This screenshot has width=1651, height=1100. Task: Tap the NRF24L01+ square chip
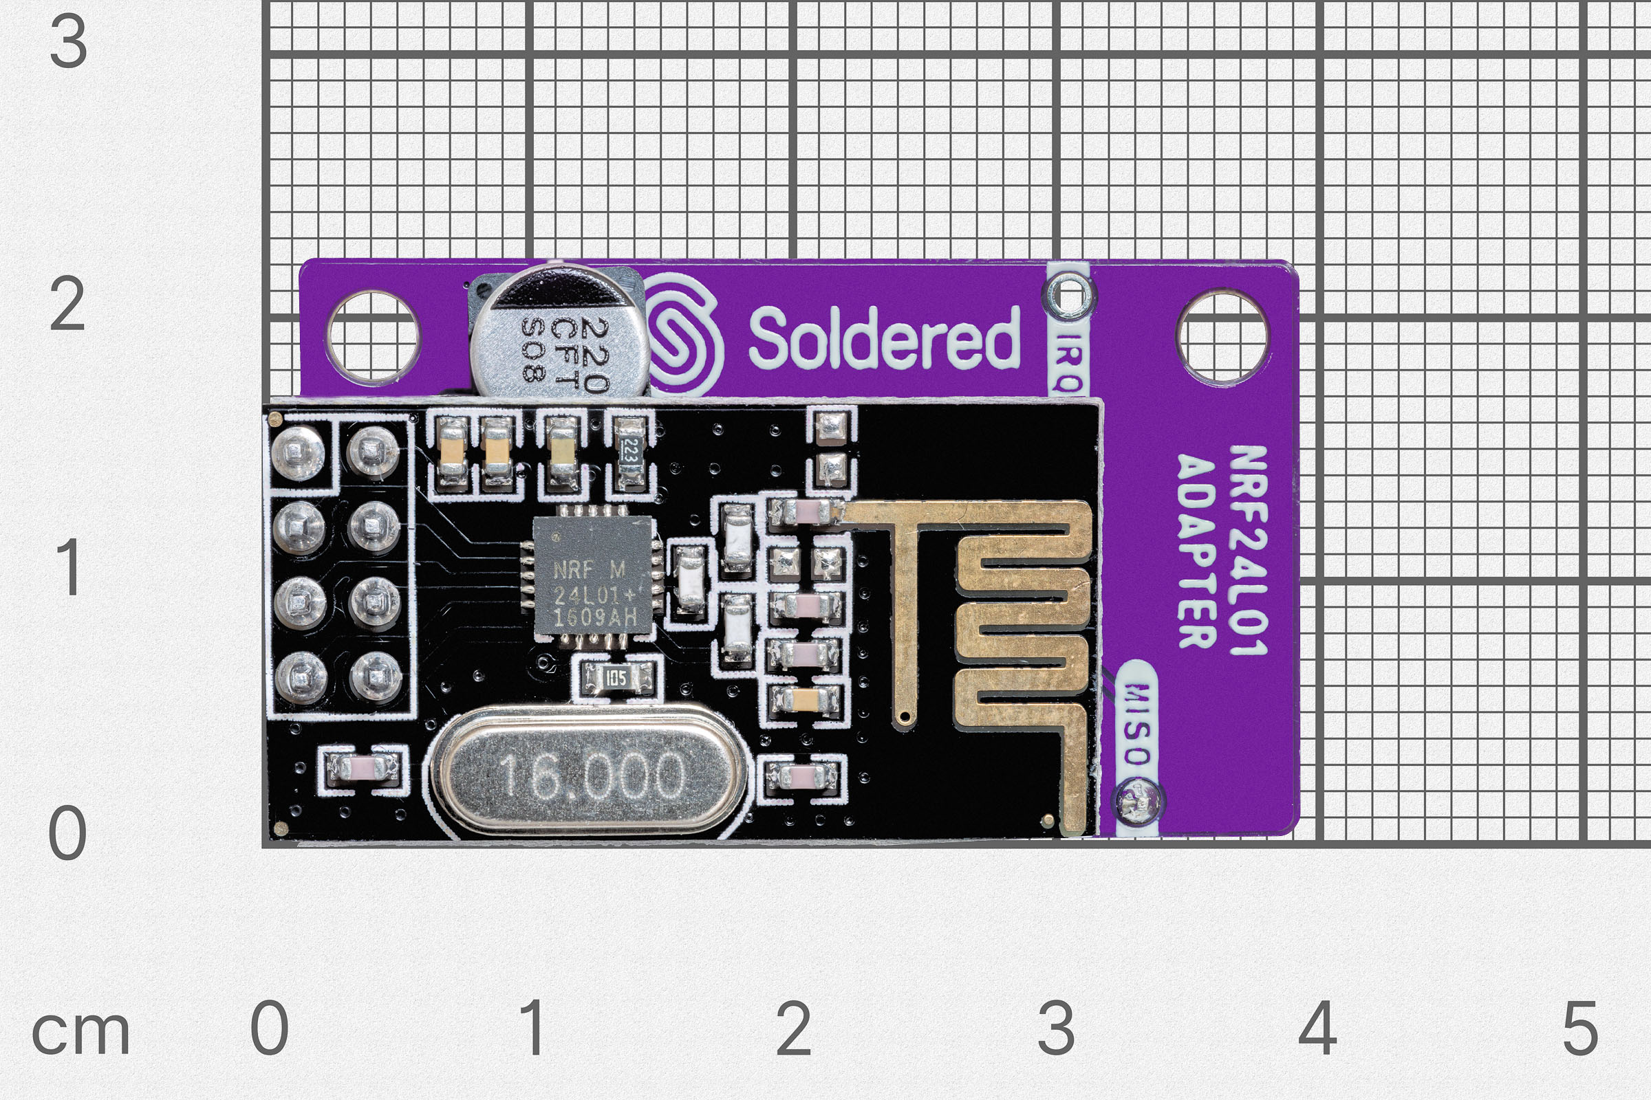coord(594,579)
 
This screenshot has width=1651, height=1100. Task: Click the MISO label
coord(1135,723)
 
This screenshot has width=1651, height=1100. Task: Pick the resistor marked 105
coord(616,678)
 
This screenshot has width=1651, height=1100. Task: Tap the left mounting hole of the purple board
coord(374,338)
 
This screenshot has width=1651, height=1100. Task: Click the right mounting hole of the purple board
coord(1222,338)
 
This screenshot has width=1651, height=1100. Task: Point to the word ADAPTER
coord(1197,551)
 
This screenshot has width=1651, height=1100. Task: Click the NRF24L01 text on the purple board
coord(1248,550)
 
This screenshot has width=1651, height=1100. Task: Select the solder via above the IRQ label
coord(1068,293)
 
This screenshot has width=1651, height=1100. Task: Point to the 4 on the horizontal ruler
coord(1317,1028)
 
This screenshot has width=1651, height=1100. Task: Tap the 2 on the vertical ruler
coord(68,305)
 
